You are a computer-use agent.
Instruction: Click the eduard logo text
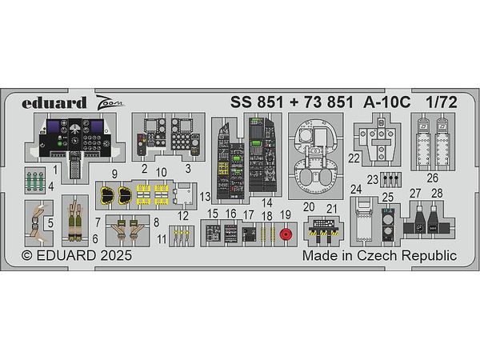pos(54,103)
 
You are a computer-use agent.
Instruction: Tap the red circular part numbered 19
pos(286,234)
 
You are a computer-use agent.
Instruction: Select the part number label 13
pos(205,197)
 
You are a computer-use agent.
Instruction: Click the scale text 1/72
pos(442,102)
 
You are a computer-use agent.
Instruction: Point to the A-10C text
pos(387,102)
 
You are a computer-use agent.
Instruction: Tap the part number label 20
pos(309,207)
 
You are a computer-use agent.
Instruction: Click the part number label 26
pos(433,178)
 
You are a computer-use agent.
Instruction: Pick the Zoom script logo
pos(110,103)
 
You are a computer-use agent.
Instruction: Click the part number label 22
pos(354,158)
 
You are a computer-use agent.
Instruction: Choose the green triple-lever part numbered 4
pos(34,181)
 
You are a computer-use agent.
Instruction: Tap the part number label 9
pos(114,174)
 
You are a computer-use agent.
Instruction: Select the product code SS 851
pos(257,102)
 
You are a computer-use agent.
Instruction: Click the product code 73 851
pos(329,102)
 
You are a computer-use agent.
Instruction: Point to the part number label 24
pos(356,190)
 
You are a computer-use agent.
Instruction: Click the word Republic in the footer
pos(429,256)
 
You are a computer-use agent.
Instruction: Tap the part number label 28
pos(437,194)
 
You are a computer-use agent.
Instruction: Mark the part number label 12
pos(183,216)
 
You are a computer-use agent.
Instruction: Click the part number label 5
pos(50,223)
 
